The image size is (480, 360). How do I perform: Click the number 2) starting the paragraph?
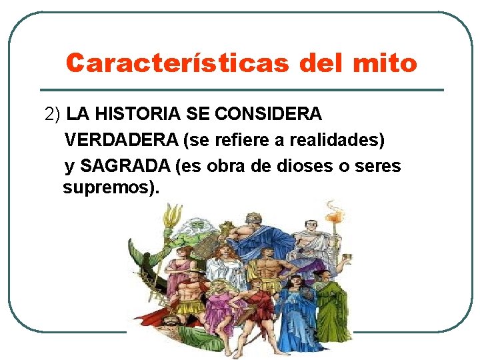click(53, 114)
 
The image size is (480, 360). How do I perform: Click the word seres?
click(377, 166)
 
